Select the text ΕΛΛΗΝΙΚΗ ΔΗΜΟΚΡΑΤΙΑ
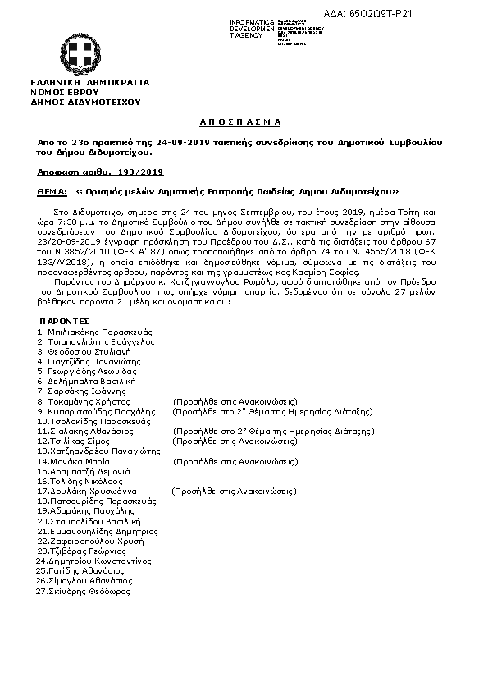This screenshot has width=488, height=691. coord(89,83)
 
